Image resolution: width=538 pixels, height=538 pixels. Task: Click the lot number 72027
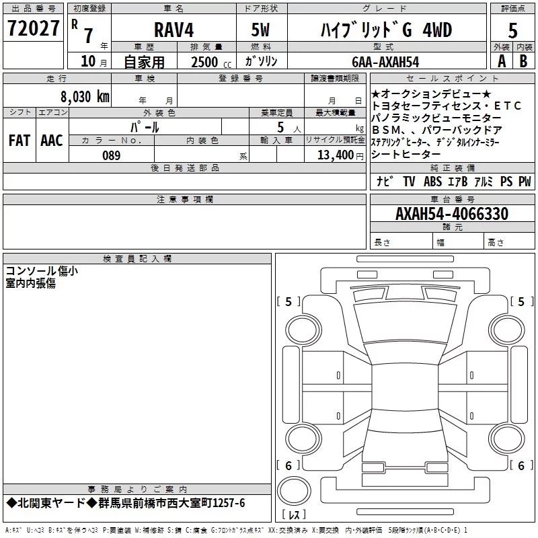(x=33, y=28)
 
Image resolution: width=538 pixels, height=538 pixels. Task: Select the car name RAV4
(x=174, y=30)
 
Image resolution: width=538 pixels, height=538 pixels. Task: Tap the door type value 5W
(x=260, y=30)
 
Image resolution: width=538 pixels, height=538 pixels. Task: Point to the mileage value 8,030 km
(x=85, y=97)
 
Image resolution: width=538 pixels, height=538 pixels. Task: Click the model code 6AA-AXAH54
(x=385, y=62)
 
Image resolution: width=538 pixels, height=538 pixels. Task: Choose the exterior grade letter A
(x=502, y=61)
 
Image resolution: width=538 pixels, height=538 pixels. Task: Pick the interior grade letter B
(x=523, y=61)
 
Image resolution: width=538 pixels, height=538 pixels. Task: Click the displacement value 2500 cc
(x=211, y=63)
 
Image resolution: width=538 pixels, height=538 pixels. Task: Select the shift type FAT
(x=20, y=141)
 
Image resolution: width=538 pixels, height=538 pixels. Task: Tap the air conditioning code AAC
(x=52, y=141)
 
